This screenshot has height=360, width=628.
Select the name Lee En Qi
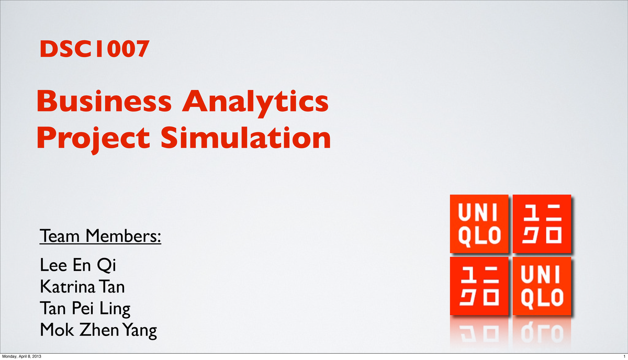pyautogui.click(x=77, y=266)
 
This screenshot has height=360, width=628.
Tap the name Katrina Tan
pyautogui.click(x=82, y=287)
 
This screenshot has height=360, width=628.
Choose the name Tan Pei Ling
pyautogui.click(x=85, y=309)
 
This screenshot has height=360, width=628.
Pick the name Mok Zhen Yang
pyautogui.click(x=98, y=331)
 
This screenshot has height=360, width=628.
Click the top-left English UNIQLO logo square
pyautogui.click(x=479, y=223)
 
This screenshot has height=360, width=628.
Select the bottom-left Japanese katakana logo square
pyautogui.click(x=479, y=286)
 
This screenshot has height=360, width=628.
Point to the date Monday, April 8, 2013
pyautogui.click(x=21, y=356)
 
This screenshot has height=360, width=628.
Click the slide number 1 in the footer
pyautogui.click(x=624, y=356)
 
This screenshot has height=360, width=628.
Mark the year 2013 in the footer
pyautogui.click(x=37, y=356)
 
